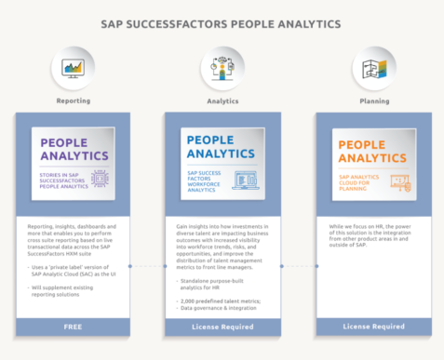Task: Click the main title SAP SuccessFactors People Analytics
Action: point(222,23)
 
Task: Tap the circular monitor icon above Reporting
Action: point(73,68)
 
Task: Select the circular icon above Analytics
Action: point(222,68)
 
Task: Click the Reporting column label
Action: point(73,100)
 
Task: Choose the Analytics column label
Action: point(222,100)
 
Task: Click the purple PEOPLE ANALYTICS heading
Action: point(70,151)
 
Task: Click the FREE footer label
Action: point(73,327)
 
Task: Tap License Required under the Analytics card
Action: point(222,327)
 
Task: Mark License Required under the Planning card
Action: point(373,327)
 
